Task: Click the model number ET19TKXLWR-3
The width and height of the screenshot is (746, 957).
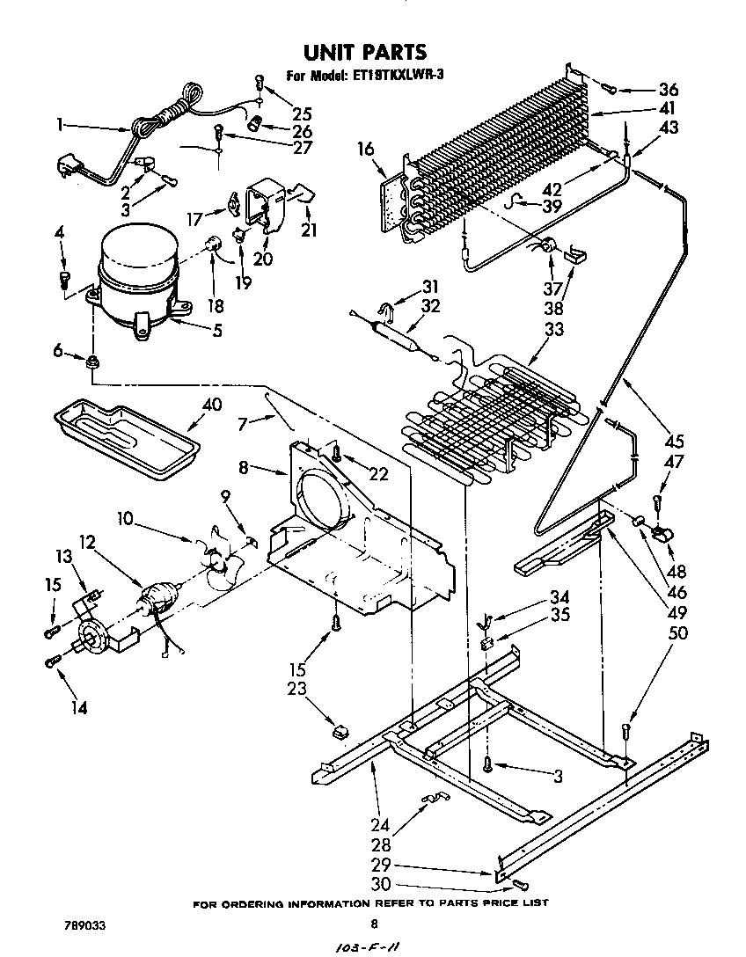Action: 399,75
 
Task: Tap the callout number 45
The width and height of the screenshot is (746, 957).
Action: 675,441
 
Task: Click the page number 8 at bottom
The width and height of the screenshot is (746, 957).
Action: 374,924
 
